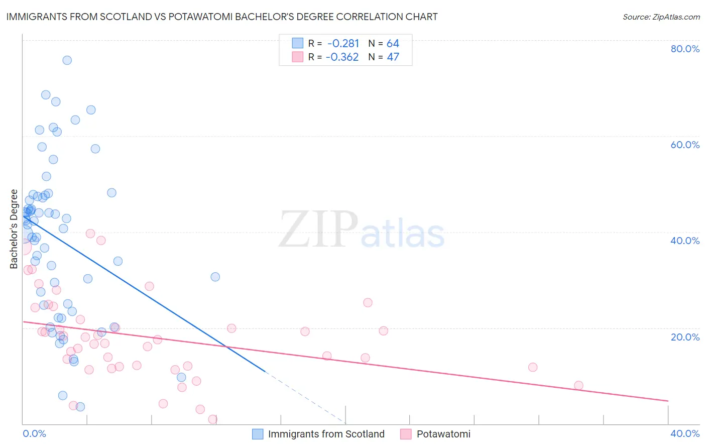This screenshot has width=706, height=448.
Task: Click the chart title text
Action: pyautogui.click(x=221, y=17)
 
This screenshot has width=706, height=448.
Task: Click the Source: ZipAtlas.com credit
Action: pyautogui.click(x=661, y=17)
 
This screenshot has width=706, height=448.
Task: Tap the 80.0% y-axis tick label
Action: pyautogui.click(x=685, y=49)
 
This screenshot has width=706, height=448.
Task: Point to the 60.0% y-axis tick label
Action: pyautogui.click(x=685, y=145)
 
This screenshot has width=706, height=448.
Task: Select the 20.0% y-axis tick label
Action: pyautogui.click(x=685, y=337)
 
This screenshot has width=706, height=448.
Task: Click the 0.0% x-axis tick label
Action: pyautogui.click(x=34, y=433)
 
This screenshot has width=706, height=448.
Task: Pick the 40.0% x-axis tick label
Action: pyautogui.click(x=685, y=433)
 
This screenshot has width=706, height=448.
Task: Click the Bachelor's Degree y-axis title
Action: pyautogui.click(x=14, y=229)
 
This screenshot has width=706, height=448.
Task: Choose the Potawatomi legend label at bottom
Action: pyautogui.click(x=443, y=434)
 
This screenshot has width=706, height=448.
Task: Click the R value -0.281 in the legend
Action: pyautogui.click(x=343, y=44)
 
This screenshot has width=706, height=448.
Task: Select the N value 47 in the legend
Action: pyautogui.click(x=393, y=57)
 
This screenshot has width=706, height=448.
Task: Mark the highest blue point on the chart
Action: pyautogui.click(x=67, y=60)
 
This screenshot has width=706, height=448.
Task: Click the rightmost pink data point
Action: pyautogui.click(x=578, y=386)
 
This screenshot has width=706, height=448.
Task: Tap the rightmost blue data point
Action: pyautogui.click(x=215, y=277)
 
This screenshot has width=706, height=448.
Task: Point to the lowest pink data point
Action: pyautogui.click(x=212, y=419)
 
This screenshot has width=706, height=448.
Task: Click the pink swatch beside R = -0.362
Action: pyautogui.click(x=298, y=57)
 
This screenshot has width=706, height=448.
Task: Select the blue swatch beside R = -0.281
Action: pyautogui.click(x=298, y=43)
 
